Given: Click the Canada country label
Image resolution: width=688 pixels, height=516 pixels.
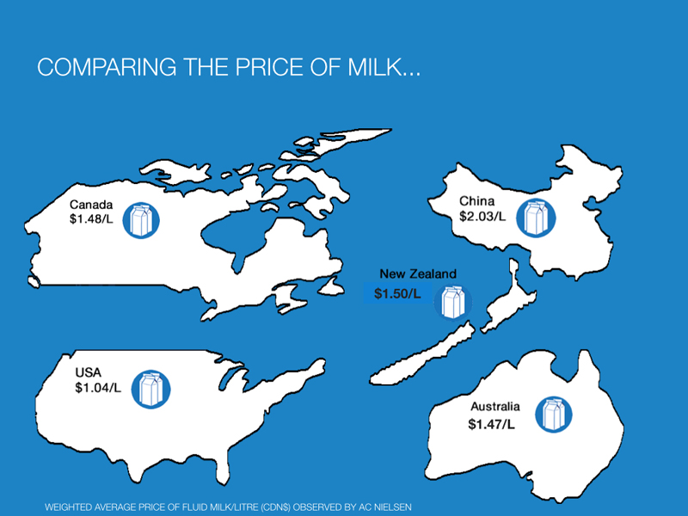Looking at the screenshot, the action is pyautogui.click(x=91, y=205).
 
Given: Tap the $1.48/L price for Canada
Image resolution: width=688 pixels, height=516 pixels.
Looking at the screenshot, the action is pyautogui.click(x=91, y=218).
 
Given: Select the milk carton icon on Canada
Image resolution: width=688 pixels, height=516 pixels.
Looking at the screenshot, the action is pyautogui.click(x=141, y=221).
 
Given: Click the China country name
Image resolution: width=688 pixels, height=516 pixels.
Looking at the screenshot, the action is pyautogui.click(x=477, y=201).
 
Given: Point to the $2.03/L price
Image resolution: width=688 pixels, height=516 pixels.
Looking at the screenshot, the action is pyautogui.click(x=482, y=216).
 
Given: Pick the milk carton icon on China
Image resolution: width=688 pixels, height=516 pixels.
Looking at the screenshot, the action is pyautogui.click(x=536, y=218).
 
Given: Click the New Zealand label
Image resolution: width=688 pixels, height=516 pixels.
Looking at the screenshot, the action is pyautogui.click(x=418, y=273).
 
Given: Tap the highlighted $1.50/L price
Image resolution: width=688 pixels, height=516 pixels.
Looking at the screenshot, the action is pyautogui.click(x=397, y=293).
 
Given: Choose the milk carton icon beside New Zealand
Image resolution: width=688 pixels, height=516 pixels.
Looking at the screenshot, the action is pyautogui.click(x=453, y=302).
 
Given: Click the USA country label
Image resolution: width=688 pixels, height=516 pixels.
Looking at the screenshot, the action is pyautogui.click(x=89, y=372).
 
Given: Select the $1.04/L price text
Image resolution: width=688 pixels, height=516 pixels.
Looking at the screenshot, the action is pyautogui.click(x=98, y=388).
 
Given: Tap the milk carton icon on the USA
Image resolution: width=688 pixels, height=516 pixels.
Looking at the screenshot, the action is pyautogui.click(x=151, y=390).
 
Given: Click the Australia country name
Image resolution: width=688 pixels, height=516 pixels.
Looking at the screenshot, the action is pyautogui.click(x=495, y=406).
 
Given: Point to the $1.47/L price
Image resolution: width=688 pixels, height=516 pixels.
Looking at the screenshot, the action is pyautogui.click(x=491, y=424).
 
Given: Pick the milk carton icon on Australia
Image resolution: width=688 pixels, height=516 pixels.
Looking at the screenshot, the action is pyautogui.click(x=554, y=415).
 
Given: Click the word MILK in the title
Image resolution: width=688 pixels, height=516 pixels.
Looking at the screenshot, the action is pyautogui.click(x=374, y=67).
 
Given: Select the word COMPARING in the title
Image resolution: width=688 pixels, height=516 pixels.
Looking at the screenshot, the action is pyautogui.click(x=107, y=67).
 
